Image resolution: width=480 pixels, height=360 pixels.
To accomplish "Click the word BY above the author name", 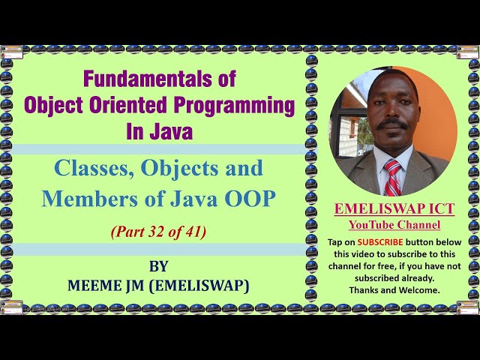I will (159, 266).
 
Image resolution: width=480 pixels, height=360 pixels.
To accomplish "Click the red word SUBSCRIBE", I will (379, 242).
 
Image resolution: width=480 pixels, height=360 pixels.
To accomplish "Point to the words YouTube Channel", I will (394, 225).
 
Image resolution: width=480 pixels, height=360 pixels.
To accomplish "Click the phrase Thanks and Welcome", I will (394, 289).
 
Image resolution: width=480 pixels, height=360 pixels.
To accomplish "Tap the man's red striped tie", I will (391, 178).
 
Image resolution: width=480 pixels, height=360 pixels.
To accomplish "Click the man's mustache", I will (391, 124).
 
